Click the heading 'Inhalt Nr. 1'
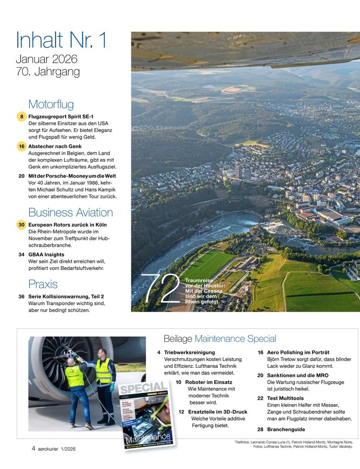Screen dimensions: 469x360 (x=62, y=41)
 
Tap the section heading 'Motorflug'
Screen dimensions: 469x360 (x=51, y=104)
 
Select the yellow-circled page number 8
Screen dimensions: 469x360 (x=21, y=116)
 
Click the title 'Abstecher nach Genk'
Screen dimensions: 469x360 (x=58, y=146)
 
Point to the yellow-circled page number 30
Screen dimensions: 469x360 (x=21, y=224)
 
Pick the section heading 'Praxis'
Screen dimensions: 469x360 (x=43, y=283)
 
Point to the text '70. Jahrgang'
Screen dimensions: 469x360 (x=48, y=71)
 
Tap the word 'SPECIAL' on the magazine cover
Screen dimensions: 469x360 (x=142, y=388)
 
